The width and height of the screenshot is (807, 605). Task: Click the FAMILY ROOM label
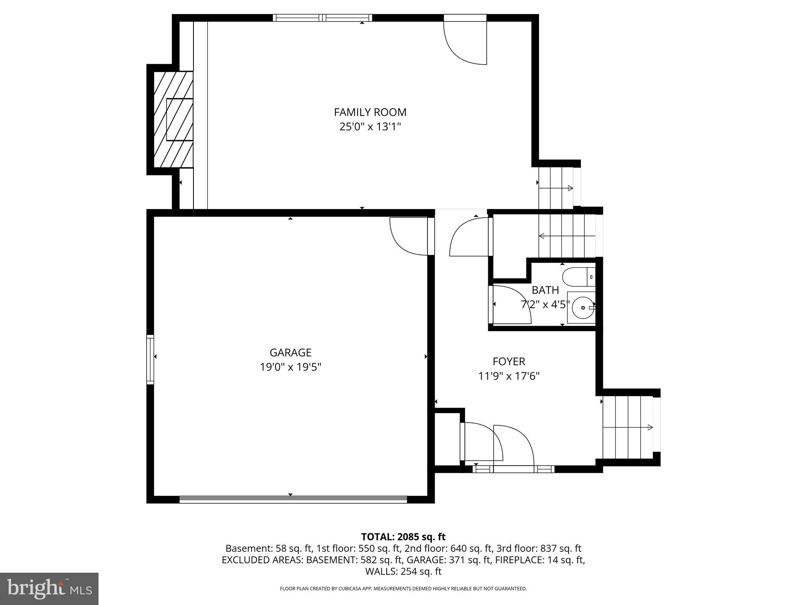[x=370, y=112]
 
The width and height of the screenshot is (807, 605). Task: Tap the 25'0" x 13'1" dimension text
[x=370, y=127]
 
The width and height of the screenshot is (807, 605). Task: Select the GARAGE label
[x=290, y=352]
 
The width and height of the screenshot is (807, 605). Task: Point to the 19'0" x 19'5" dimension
[x=290, y=367]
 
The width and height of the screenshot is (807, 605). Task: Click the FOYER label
[x=509, y=361]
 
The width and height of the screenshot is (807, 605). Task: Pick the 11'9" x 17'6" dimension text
[x=509, y=376]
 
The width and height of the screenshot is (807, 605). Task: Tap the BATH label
[x=545, y=290]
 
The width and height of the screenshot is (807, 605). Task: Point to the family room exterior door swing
[x=465, y=41]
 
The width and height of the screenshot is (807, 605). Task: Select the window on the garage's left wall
[x=150, y=359]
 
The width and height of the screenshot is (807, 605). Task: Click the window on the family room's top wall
[x=322, y=18]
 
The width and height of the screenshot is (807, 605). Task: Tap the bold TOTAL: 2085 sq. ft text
[x=403, y=537]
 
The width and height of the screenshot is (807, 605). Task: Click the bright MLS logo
[x=49, y=589]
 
